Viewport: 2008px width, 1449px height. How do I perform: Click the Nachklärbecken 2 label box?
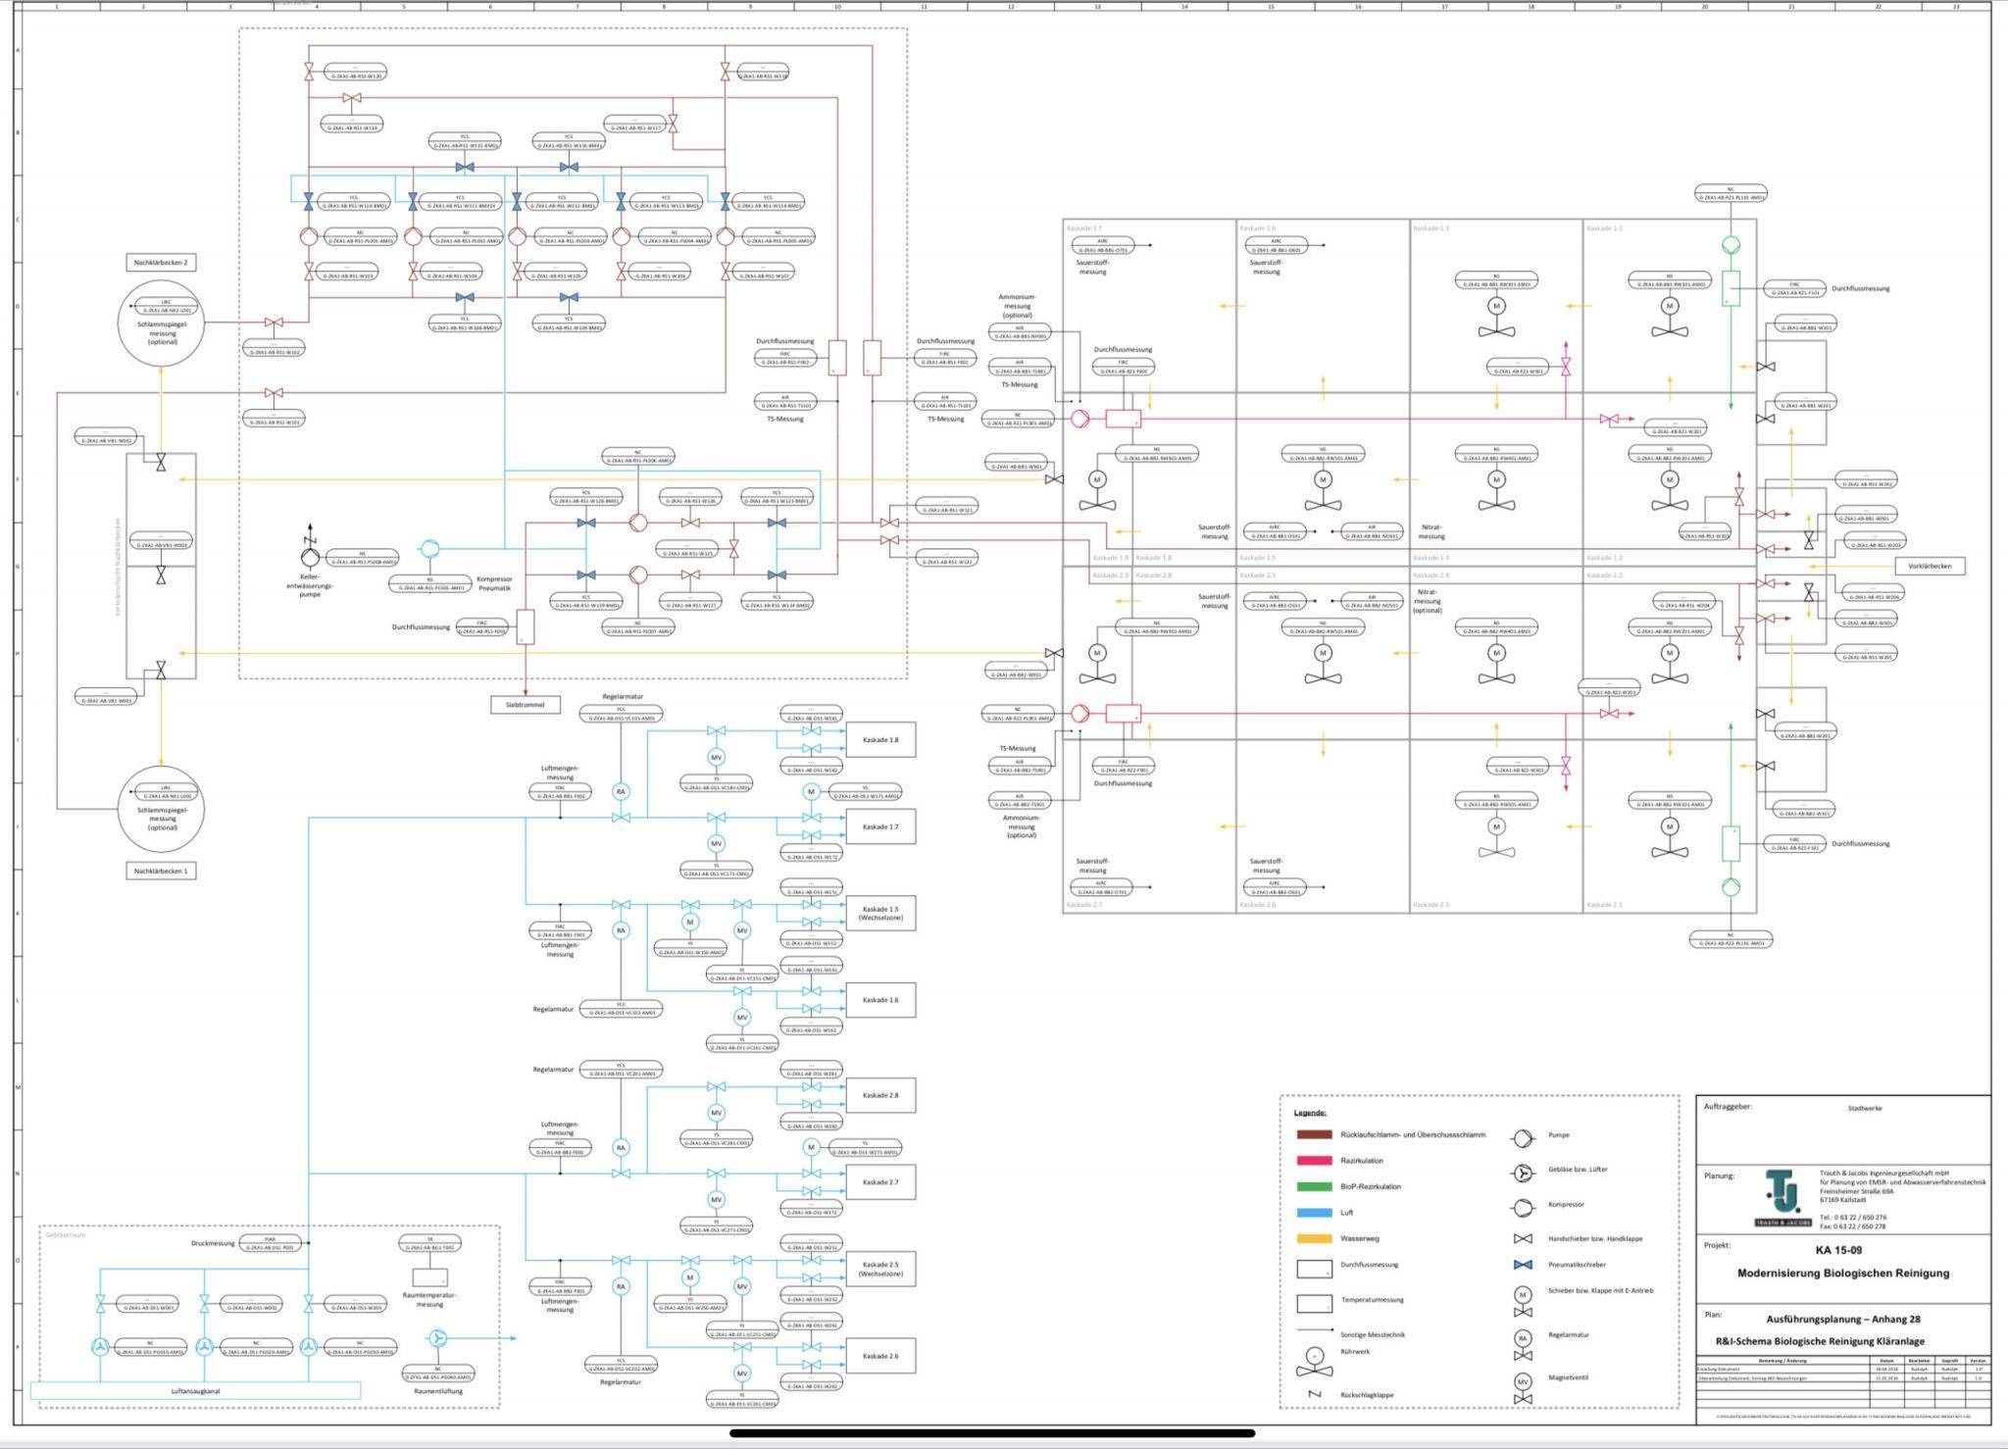pos(161,263)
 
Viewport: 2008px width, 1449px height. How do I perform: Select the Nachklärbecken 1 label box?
pos(161,871)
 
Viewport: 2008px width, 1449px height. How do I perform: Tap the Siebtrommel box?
pos(526,704)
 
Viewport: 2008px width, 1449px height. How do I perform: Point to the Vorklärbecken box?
pos(1930,566)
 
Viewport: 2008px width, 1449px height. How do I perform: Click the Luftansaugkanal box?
pos(196,1390)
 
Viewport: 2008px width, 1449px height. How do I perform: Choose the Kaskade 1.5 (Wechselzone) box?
pos(879,914)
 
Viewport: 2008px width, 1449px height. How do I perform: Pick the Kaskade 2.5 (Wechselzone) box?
pos(879,1270)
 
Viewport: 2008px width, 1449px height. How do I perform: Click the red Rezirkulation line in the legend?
pos(1313,1161)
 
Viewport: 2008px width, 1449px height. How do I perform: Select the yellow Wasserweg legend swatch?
pos(1313,1238)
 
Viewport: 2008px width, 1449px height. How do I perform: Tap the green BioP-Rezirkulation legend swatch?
pos(1313,1186)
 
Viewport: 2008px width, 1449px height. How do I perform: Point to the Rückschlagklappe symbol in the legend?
pos(1315,1394)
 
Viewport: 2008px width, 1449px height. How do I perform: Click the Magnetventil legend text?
pos(1568,1377)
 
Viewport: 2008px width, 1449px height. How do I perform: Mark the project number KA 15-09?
pos(1837,1250)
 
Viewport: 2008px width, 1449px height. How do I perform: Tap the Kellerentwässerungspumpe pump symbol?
pos(310,559)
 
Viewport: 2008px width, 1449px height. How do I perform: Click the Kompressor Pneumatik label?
pos(494,583)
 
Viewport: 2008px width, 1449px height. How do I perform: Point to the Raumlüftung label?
pos(437,1391)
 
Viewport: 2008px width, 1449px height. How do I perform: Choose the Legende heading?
pos(1310,1113)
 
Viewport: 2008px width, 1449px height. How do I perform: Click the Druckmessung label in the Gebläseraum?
pos(213,1243)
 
